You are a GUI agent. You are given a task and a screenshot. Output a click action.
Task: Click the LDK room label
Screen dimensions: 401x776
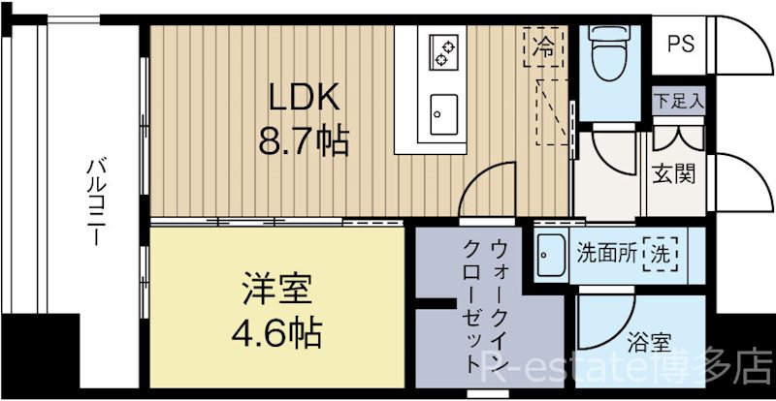coord(302,98)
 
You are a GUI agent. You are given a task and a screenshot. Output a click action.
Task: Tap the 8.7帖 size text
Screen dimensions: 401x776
coord(302,141)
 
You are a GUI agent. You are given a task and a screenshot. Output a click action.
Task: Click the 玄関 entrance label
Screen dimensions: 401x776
coord(672,175)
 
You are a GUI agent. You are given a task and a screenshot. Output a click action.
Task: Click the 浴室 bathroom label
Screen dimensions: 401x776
coord(650,343)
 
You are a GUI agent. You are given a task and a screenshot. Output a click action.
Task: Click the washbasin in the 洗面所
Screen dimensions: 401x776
coord(551,253)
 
